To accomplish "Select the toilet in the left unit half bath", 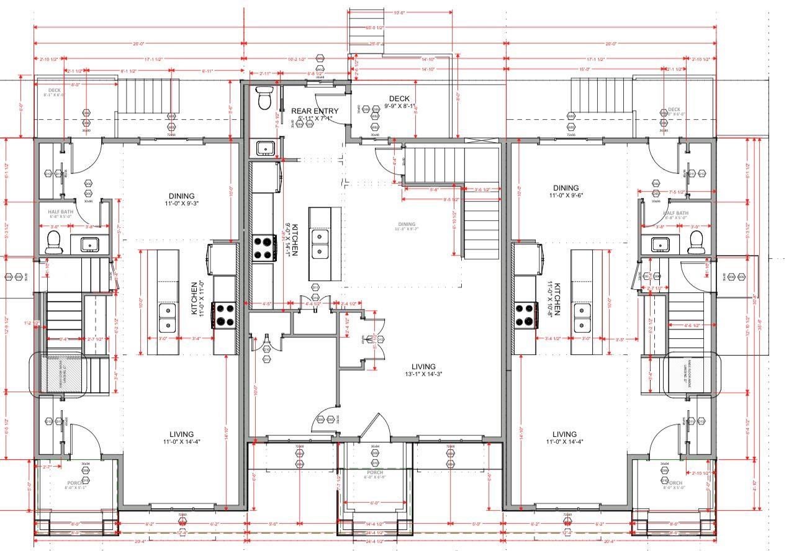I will pyautogui.click(x=54, y=241).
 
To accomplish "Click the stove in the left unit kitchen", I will pyautogui.click(x=223, y=314).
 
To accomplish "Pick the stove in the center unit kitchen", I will pyautogui.click(x=264, y=247).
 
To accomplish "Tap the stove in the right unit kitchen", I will pyautogui.click(x=525, y=314).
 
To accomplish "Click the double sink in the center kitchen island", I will pyautogui.click(x=320, y=244).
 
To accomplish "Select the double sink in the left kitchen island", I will pyautogui.click(x=167, y=318).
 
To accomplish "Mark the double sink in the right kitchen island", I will pyautogui.click(x=581, y=317).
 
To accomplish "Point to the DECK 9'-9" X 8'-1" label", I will pyautogui.click(x=399, y=102).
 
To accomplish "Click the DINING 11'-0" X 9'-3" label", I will pyautogui.click(x=181, y=199).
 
